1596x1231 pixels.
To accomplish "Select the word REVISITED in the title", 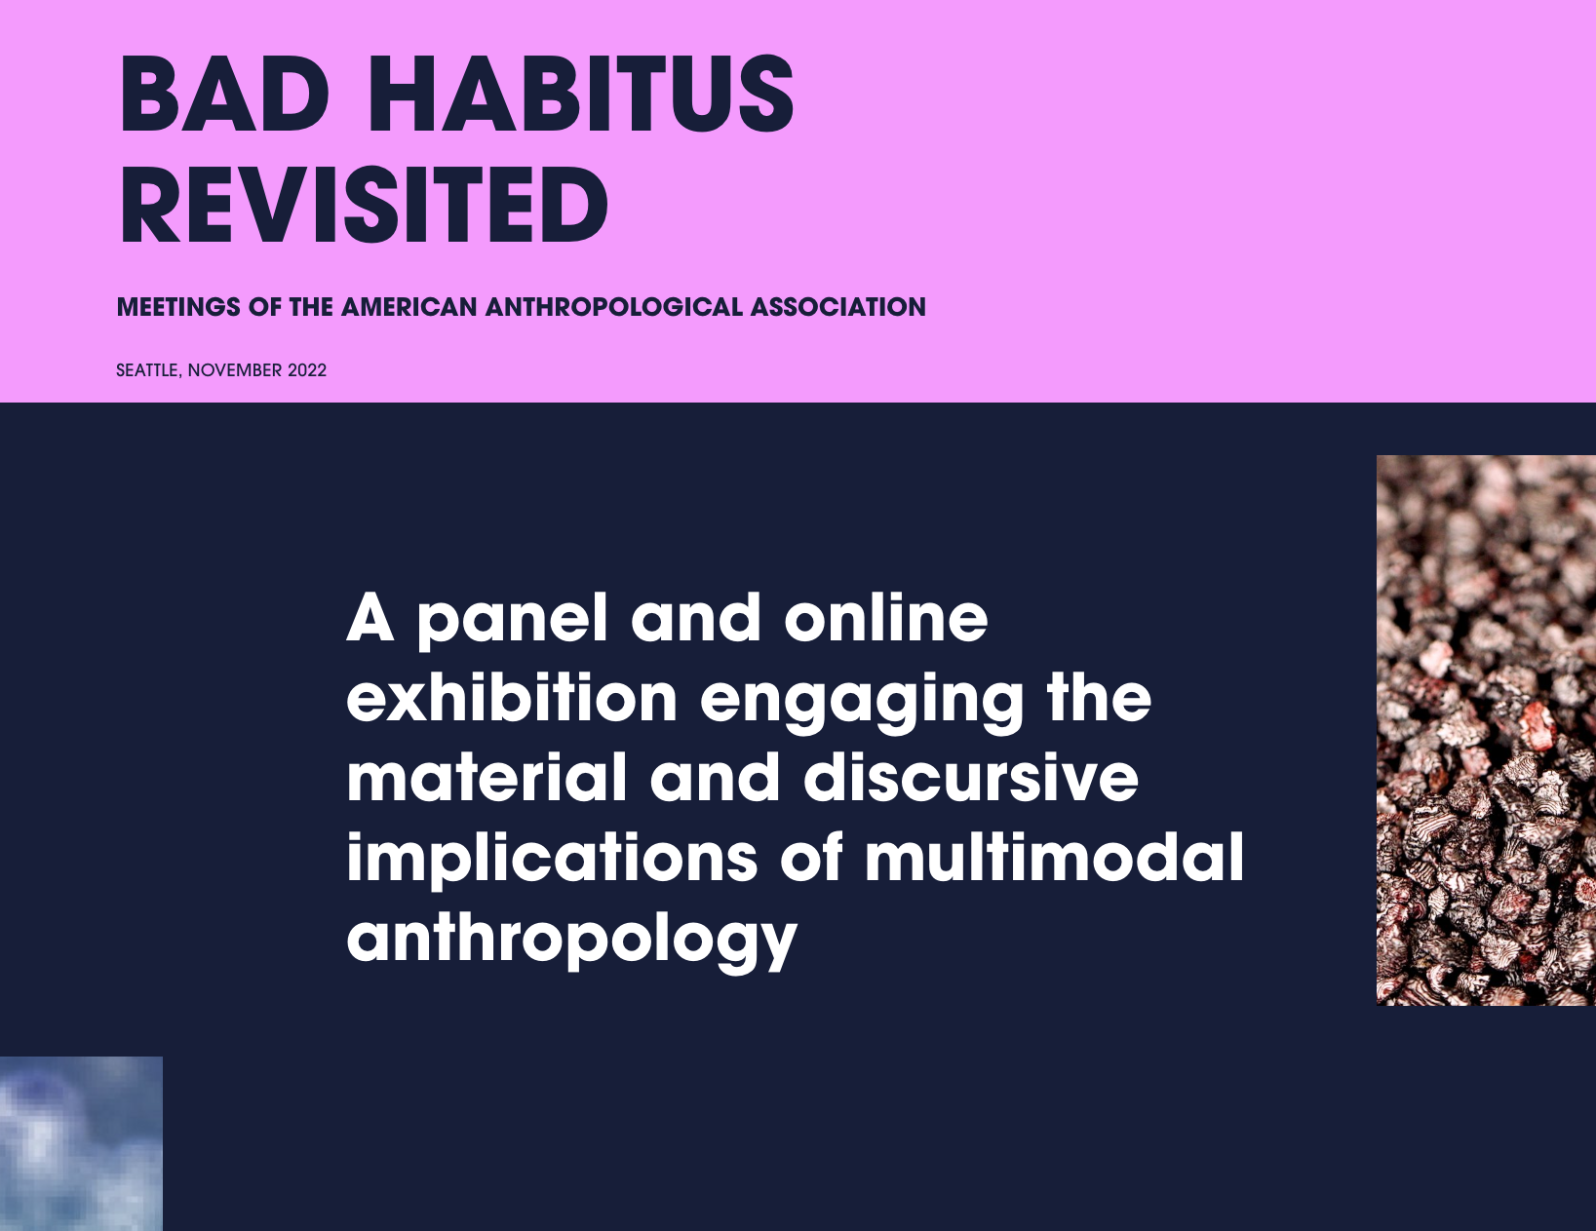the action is tap(364, 204).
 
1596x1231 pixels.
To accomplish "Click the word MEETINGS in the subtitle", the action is tap(178, 307).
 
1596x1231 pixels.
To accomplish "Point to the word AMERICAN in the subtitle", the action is tap(409, 307).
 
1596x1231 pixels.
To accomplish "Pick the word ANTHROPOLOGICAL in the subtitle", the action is tap(614, 307).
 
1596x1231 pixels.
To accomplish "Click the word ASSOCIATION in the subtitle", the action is tap(838, 307).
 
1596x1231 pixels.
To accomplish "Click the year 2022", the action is tap(307, 370).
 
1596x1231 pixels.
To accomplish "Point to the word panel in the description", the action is tap(513, 621).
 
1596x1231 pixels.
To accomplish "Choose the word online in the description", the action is tap(886, 617).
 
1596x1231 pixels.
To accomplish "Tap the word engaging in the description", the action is tap(862, 702).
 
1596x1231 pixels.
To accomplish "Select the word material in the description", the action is tap(487, 777).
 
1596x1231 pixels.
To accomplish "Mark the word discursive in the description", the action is tap(971, 777).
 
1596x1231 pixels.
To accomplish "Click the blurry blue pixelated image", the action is tap(81, 1143).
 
